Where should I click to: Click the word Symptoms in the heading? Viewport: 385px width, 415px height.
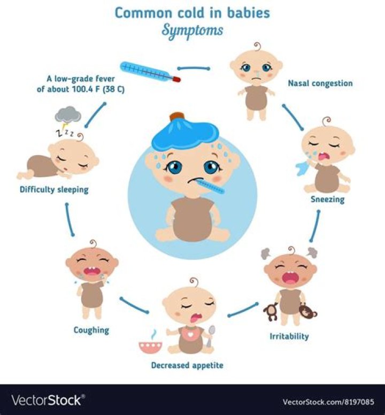click(x=192, y=31)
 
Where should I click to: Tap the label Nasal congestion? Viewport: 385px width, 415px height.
click(x=320, y=83)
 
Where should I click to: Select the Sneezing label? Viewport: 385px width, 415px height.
click(x=328, y=199)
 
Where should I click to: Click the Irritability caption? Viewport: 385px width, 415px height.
click(x=289, y=336)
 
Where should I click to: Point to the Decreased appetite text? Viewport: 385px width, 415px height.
click(x=187, y=365)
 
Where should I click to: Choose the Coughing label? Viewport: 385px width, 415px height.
click(x=91, y=331)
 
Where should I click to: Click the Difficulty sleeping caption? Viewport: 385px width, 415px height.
click(x=54, y=190)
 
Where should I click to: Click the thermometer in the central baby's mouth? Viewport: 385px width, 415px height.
click(x=211, y=186)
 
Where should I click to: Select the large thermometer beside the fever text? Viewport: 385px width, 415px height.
click(x=150, y=72)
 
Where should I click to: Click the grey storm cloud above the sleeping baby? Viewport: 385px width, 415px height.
click(x=68, y=114)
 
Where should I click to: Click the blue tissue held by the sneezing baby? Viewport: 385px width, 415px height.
click(x=302, y=168)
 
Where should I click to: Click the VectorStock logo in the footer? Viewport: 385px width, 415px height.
click(x=48, y=400)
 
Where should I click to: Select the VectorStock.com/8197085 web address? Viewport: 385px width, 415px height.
click(x=328, y=402)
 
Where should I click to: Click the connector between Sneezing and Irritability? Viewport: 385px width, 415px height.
click(x=315, y=226)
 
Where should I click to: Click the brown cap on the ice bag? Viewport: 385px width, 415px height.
click(x=177, y=117)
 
